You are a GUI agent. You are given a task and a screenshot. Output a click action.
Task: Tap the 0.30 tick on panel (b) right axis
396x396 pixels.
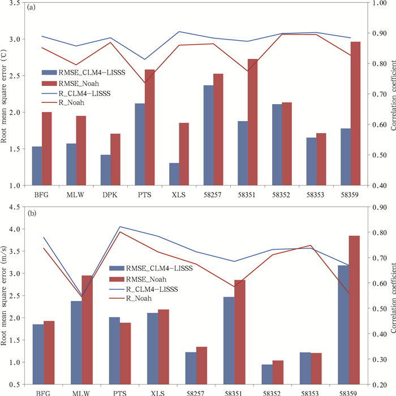[379, 359]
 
